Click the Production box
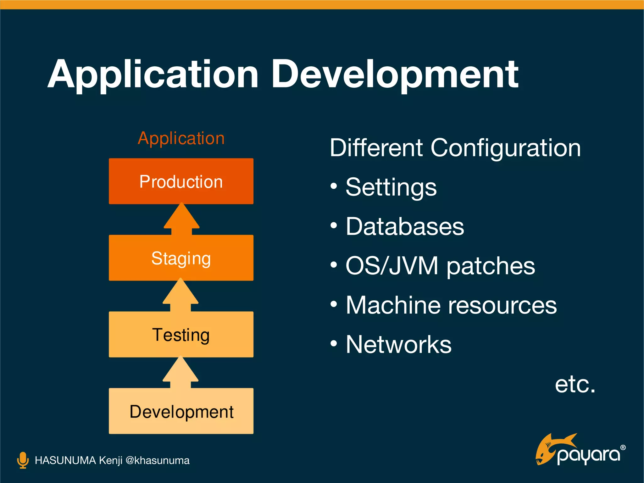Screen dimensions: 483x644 181,181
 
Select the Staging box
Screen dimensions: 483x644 181,258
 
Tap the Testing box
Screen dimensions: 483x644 181,334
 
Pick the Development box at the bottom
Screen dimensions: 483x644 181,411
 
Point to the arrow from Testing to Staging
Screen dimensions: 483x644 180,295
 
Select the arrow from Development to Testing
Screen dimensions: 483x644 180,373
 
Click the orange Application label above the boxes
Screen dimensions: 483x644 181,139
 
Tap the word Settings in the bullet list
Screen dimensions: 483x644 391,188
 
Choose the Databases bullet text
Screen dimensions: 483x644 405,227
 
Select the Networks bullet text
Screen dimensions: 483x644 398,345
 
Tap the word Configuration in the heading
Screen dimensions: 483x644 505,148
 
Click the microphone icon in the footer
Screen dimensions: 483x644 23,460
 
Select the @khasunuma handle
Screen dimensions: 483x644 157,460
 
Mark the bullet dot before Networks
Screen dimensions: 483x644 334,343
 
